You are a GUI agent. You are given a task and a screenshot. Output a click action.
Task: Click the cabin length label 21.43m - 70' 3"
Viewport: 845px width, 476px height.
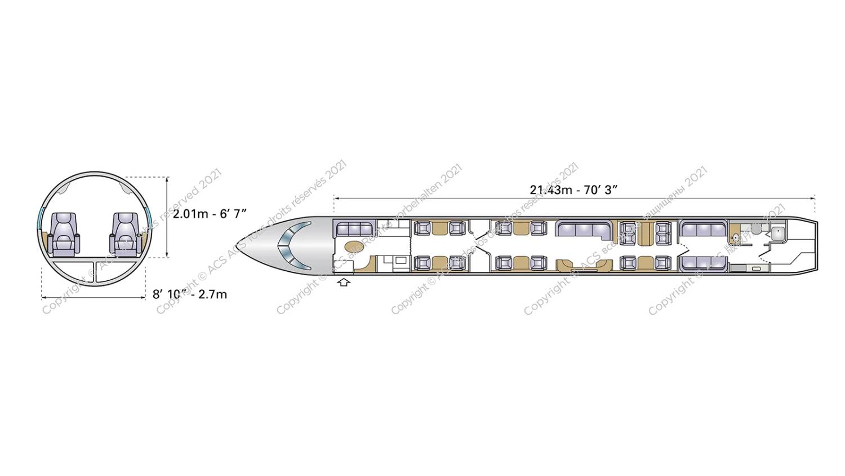[x=573, y=189]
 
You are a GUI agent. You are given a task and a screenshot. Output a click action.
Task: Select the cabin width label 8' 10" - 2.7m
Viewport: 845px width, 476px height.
[x=190, y=294]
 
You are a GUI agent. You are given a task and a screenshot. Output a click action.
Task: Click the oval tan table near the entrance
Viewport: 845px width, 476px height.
[x=354, y=247]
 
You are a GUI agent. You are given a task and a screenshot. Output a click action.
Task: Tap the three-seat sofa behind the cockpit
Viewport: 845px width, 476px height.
[x=355, y=229]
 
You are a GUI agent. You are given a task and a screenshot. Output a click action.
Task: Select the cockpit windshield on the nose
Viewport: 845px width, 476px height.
[x=293, y=244]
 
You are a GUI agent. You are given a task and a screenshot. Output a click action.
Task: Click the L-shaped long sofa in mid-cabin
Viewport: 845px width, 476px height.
[x=586, y=230]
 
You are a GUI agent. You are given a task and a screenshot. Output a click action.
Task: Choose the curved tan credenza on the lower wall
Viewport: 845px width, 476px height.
[x=584, y=265]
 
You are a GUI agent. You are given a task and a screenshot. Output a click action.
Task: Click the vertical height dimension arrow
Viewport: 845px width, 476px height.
[x=167, y=217]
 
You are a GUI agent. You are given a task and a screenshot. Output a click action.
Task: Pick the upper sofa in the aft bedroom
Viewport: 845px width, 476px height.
[x=703, y=228]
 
